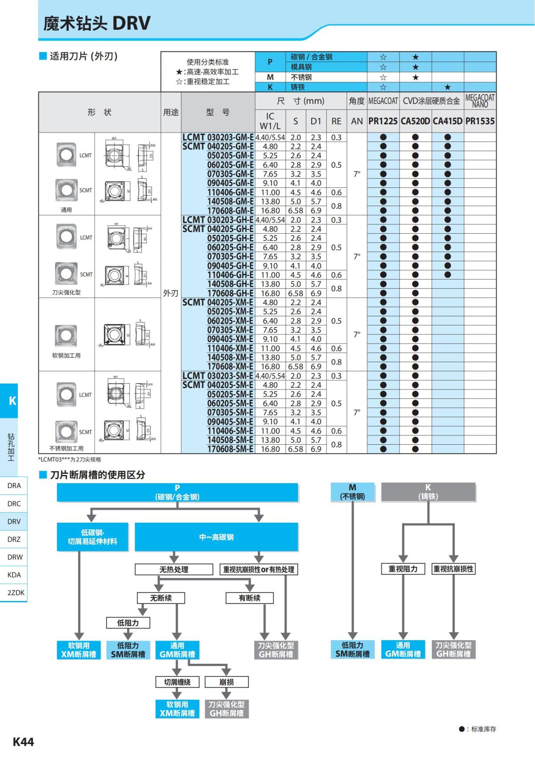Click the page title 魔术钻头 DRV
click(97, 23)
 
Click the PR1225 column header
click(383, 121)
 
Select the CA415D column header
click(448, 121)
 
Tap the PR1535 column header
click(480, 121)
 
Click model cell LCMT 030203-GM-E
click(218, 137)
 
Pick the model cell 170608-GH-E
click(230, 293)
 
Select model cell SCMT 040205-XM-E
click(218, 302)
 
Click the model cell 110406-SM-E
click(230, 431)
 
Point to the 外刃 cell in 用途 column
click(171, 293)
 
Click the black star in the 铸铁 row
click(448, 87)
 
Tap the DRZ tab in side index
click(14, 539)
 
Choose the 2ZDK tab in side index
click(16, 593)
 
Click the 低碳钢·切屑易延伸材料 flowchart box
click(92, 537)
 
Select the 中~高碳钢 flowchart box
click(216, 537)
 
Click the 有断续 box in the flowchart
click(250, 598)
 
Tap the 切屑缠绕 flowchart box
click(177, 682)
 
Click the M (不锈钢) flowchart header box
click(352, 492)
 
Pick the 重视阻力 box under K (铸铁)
click(403, 569)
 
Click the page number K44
click(23, 742)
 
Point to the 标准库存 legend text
click(483, 729)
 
